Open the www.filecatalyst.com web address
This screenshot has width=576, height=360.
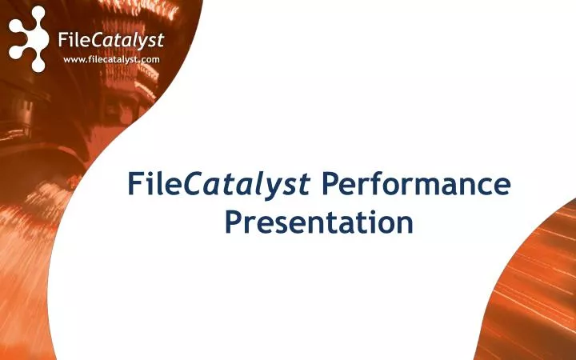point(111,60)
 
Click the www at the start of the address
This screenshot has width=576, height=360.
point(74,60)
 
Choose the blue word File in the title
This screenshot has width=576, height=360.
point(155,185)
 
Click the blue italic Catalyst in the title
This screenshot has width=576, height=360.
point(248,186)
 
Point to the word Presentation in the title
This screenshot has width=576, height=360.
point(318,222)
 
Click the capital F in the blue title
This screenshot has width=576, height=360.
point(136,185)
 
